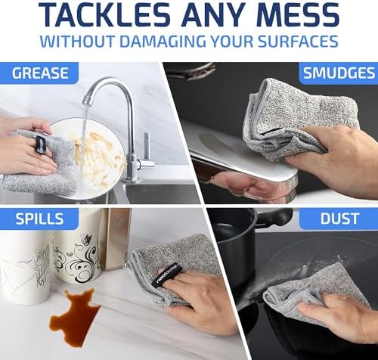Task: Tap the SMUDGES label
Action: coord(337,73)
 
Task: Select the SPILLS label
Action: coord(39,220)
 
